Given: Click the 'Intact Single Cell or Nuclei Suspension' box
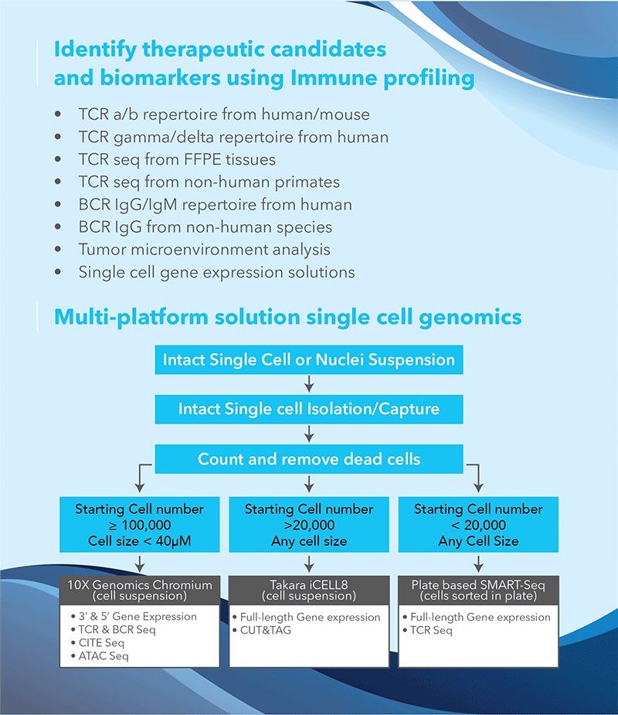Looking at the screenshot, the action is pyautogui.click(x=309, y=359).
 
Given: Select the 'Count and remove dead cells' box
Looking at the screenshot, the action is pyautogui.click(x=309, y=458).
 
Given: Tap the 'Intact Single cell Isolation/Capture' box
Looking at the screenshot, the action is pyautogui.click(x=309, y=409).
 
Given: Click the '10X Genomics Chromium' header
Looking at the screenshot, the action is pyautogui.click(x=140, y=590).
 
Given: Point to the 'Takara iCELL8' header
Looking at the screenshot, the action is pyautogui.click(x=309, y=590).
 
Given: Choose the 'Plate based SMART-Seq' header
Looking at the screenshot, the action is pyautogui.click(x=478, y=590).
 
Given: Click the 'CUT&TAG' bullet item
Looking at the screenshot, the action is pyautogui.click(x=262, y=630).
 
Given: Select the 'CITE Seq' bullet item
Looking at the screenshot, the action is pyautogui.click(x=97, y=643).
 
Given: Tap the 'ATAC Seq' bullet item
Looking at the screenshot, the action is pyautogui.click(x=100, y=656).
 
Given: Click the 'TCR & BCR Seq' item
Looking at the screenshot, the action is pyautogui.click(x=113, y=630).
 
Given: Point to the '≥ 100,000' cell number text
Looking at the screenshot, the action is pyautogui.click(x=140, y=525).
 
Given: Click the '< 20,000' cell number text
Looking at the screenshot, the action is pyautogui.click(x=478, y=525).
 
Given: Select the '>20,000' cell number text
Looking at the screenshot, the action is pyautogui.click(x=309, y=525).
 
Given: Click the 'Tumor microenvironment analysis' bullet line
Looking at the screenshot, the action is pyautogui.click(x=204, y=250).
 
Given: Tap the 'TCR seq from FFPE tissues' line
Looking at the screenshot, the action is pyautogui.click(x=177, y=159).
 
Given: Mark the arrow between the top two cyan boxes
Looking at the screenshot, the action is pyautogui.click(x=309, y=384).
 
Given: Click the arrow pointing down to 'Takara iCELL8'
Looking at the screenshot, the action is pyautogui.click(x=309, y=563).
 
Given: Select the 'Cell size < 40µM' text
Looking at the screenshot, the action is pyautogui.click(x=140, y=541).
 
